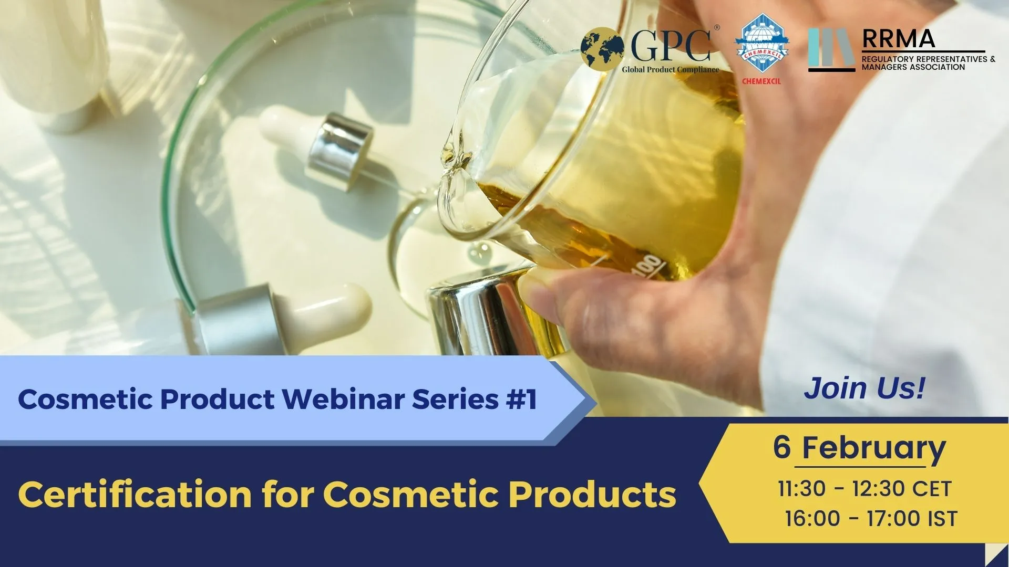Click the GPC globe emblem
602,49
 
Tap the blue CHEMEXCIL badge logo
761,45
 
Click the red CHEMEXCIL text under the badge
761,81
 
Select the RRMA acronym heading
899,39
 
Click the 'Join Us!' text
864,388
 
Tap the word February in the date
873,448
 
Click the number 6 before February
782,447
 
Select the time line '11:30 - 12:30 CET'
864,489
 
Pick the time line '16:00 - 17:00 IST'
871,519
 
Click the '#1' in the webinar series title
521,399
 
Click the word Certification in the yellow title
135,495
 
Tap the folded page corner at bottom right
997,555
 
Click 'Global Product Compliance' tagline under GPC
670,70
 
